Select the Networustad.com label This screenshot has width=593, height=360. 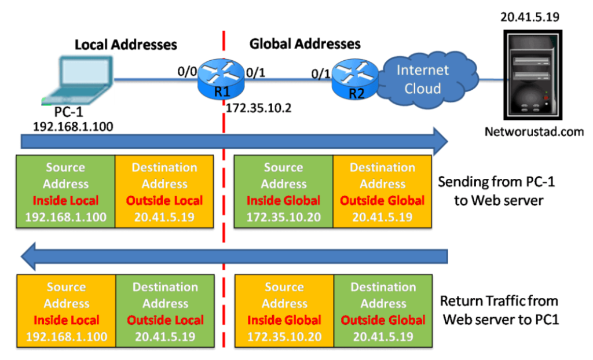click(535, 132)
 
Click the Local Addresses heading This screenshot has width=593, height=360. click(126, 45)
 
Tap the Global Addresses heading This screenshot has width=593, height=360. click(305, 44)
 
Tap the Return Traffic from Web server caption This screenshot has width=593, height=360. click(499, 310)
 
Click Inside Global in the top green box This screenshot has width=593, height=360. click(283, 201)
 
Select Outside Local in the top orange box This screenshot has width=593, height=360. click(165, 201)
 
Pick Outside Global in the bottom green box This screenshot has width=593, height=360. click(383, 320)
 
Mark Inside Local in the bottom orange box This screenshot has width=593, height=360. click(66, 320)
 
